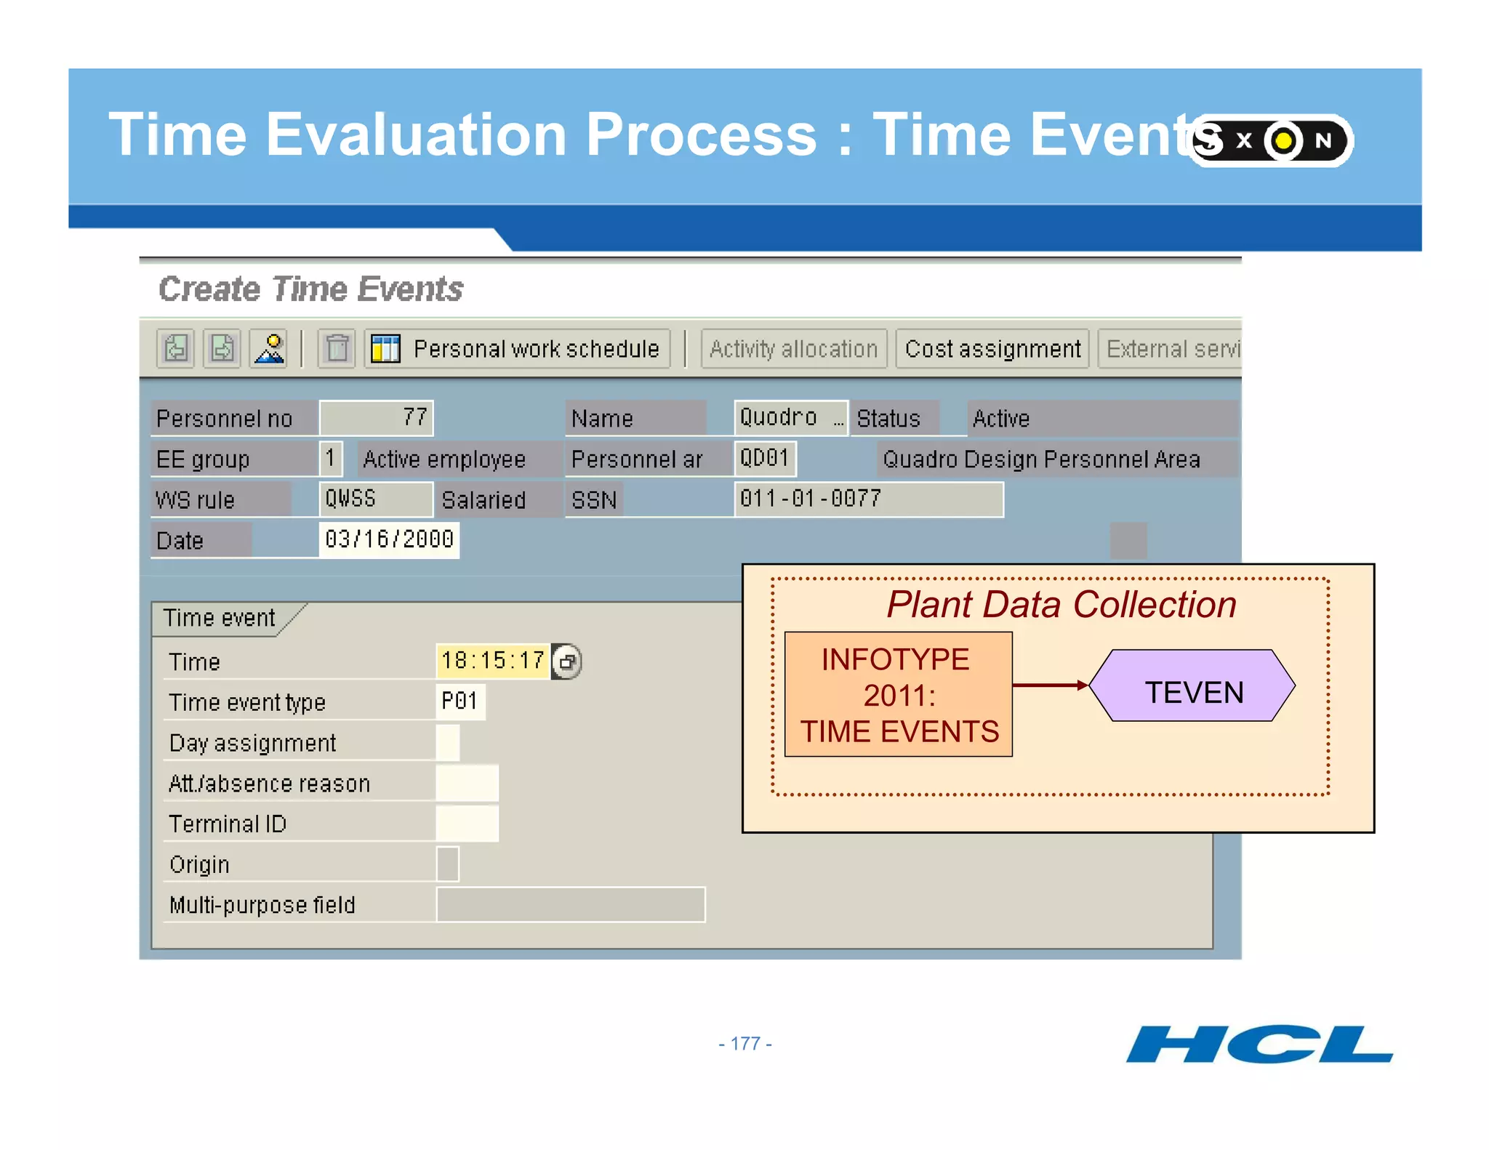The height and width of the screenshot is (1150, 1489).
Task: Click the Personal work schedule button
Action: tap(518, 349)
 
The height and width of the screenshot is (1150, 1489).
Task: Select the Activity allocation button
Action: tap(793, 349)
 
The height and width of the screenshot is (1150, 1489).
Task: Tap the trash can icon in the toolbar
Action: tap(337, 349)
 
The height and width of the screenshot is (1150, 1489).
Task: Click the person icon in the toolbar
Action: tap(269, 349)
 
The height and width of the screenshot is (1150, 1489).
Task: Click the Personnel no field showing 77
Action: tap(377, 418)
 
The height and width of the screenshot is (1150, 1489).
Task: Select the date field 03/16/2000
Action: tap(389, 539)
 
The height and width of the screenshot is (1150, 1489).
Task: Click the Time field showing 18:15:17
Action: tap(492, 661)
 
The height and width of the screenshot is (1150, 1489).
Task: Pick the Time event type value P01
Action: tap(460, 701)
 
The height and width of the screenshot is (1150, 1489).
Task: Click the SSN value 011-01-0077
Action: tap(868, 499)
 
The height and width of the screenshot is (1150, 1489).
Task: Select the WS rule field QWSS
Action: tap(375, 499)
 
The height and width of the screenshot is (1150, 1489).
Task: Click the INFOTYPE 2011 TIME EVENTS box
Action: tap(899, 694)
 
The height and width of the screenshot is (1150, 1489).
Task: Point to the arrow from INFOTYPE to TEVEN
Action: tap(1050, 685)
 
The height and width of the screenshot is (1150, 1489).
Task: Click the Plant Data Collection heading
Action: tap(1061, 605)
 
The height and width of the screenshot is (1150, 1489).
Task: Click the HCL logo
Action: tap(1259, 1045)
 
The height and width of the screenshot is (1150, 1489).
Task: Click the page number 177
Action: tap(745, 1044)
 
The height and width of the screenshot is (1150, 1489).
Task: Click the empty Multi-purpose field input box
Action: tap(571, 904)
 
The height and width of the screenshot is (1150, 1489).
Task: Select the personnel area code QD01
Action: tap(765, 459)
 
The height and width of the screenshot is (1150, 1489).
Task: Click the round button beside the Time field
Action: tap(566, 662)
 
